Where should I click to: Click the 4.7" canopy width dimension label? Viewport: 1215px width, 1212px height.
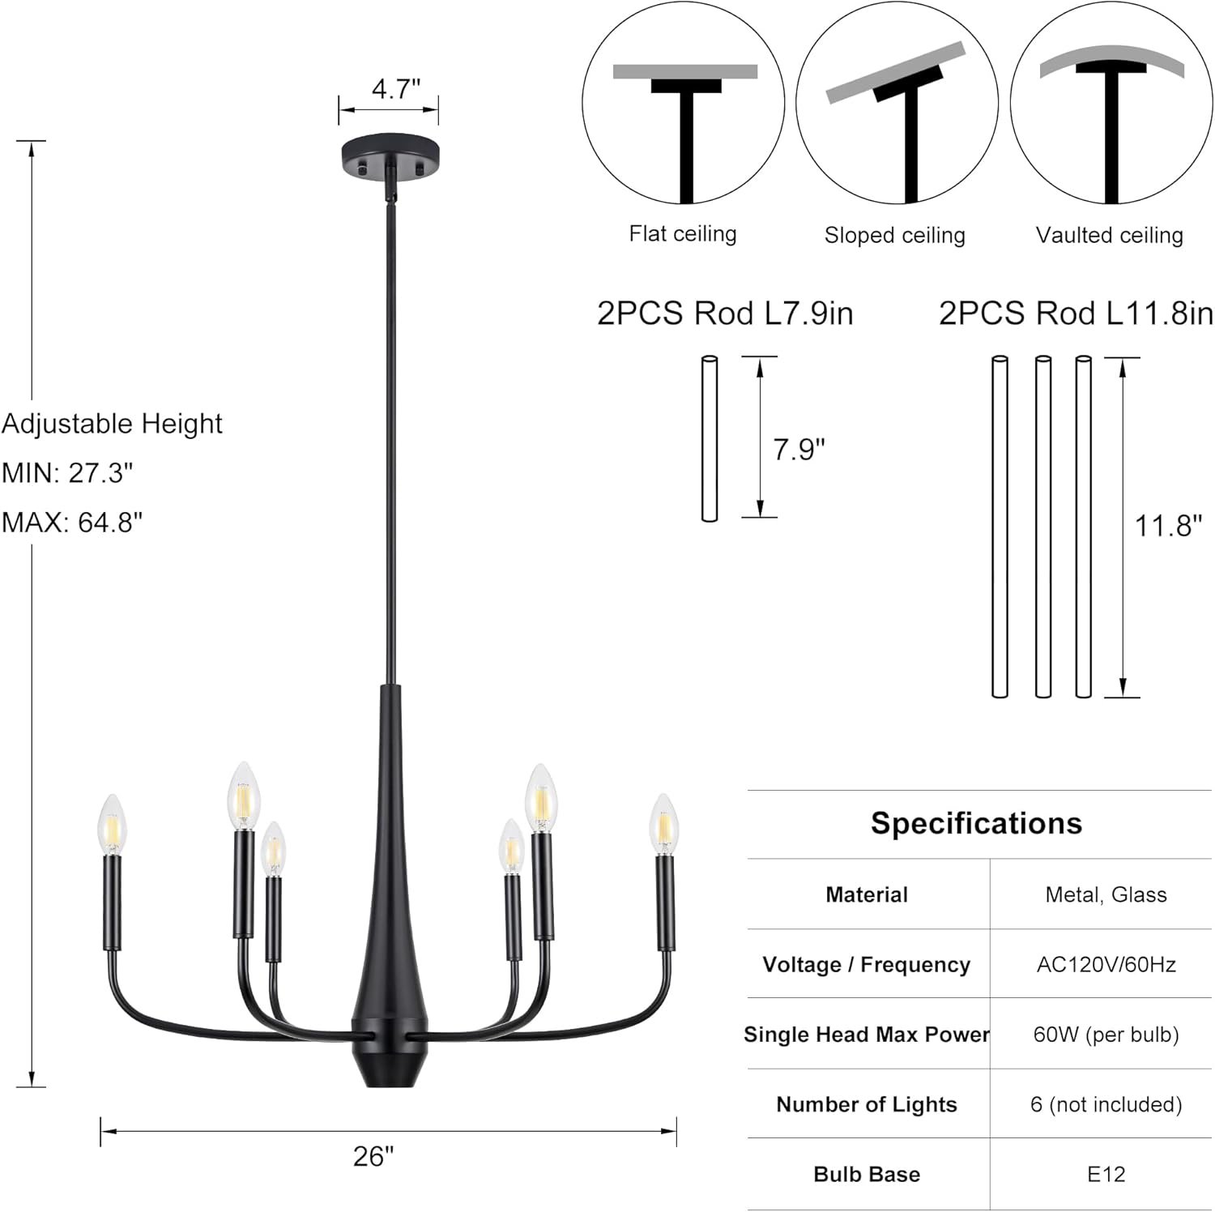[x=396, y=88]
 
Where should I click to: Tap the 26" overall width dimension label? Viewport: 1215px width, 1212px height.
[x=373, y=1156]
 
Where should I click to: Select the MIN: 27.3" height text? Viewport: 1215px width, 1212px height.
[x=67, y=472]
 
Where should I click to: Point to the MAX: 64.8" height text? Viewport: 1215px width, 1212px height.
[x=72, y=522]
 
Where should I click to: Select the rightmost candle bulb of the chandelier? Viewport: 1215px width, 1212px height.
[x=663, y=824]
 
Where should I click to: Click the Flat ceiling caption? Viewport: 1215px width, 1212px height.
[x=683, y=234]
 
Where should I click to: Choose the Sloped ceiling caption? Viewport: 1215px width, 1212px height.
[x=895, y=236]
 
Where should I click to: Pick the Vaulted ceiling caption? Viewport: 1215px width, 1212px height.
[x=1110, y=236]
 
